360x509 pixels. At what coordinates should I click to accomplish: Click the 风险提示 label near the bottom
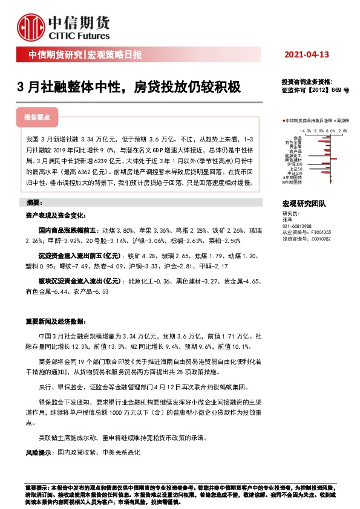coord(39,452)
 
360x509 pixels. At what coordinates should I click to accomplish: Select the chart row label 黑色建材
coord(295,160)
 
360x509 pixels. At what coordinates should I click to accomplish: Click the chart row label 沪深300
coord(295,164)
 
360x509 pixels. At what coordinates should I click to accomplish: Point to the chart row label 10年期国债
coord(293,182)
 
